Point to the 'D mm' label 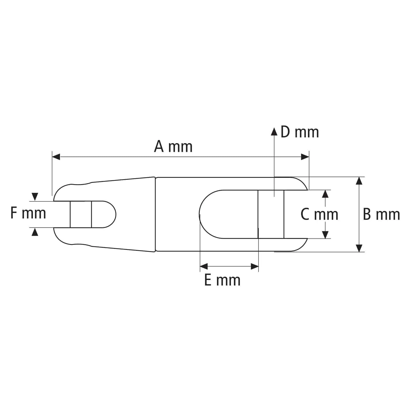pos(300,132)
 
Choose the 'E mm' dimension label pos(222,280)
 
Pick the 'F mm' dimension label pos(28,213)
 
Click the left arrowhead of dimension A pos(56,157)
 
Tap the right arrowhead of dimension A pos(305,157)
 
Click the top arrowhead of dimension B pos(359,181)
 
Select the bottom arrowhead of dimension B pos(359,248)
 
